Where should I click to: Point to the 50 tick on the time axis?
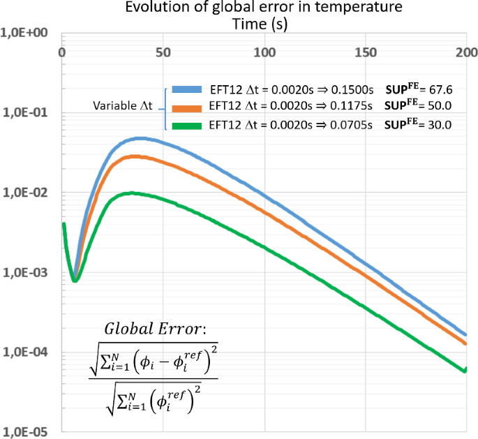(x=163, y=52)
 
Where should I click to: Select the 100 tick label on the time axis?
(x=264, y=52)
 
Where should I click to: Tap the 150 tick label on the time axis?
(x=366, y=52)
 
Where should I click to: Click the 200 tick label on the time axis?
(x=465, y=52)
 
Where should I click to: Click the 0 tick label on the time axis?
(x=62, y=52)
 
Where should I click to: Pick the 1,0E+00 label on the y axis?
(x=26, y=33)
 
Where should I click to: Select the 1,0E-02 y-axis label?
(x=26, y=193)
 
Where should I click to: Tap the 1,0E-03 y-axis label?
(x=26, y=273)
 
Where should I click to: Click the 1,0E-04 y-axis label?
(x=26, y=352)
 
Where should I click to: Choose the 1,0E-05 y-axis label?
(x=26, y=432)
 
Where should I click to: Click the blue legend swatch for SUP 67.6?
(x=187, y=90)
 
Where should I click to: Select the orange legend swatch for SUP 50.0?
(x=187, y=107)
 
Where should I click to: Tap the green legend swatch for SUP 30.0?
(x=187, y=125)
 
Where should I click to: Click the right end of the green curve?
(x=465, y=371)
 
